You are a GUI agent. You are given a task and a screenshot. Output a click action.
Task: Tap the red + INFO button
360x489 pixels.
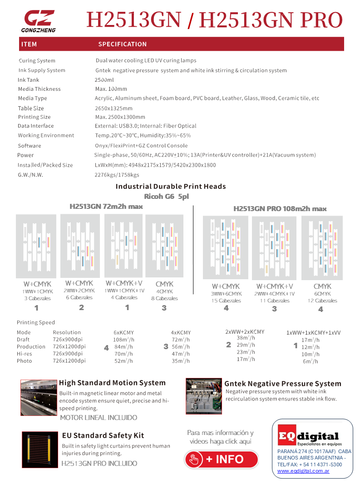click(x=221, y=459)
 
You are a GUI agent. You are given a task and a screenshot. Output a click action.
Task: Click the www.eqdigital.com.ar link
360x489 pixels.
click(x=303, y=471)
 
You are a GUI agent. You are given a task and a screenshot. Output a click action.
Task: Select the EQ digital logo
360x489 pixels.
click(x=308, y=438)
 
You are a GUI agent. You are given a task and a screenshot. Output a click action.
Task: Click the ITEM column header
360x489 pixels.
click(x=29, y=44)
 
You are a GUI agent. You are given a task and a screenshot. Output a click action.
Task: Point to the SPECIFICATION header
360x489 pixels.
click(x=123, y=44)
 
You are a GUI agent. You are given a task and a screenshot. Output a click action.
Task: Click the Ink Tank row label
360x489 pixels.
click(x=29, y=80)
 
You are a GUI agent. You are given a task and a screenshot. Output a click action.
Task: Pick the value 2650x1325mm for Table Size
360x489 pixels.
click(x=113, y=108)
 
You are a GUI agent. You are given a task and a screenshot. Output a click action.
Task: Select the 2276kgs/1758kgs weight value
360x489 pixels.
click(x=117, y=175)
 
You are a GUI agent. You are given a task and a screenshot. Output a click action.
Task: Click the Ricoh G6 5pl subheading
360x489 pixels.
click(x=165, y=197)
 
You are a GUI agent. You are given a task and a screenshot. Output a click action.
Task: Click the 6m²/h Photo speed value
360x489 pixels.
click(x=311, y=361)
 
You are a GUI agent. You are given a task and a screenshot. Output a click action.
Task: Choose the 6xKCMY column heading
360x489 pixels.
click(x=123, y=332)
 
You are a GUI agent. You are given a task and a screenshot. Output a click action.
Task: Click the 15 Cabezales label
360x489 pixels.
click(x=227, y=301)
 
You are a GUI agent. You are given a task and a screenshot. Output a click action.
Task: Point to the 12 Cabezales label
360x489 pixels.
click(x=322, y=301)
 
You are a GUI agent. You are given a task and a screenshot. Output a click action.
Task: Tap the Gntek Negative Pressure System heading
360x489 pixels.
click(x=282, y=384)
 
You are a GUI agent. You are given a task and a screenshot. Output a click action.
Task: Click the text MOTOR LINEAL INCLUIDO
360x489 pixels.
click(x=99, y=418)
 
